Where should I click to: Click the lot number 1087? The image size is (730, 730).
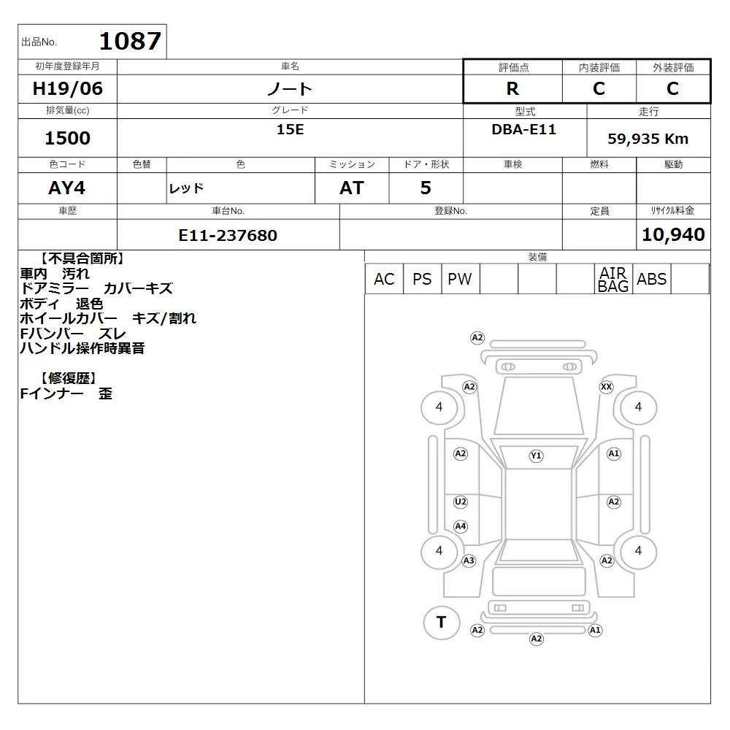tap(131, 41)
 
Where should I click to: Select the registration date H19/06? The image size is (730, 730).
tap(67, 88)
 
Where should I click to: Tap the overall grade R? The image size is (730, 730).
tap(512, 88)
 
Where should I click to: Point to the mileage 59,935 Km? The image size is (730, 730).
tap(648, 139)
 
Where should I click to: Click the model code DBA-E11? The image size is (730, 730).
tap(523, 129)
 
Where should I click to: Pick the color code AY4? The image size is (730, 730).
tap(67, 188)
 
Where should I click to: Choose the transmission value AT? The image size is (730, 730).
tap(352, 188)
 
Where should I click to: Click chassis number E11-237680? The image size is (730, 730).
tap(228, 235)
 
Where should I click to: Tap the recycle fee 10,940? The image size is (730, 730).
tap(673, 234)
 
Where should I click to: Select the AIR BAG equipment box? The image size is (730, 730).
tap(613, 279)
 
